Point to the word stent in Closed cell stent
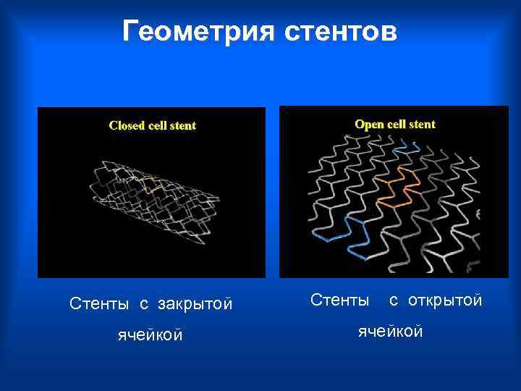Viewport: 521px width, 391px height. click(x=184, y=125)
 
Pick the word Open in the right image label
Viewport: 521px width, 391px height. click(x=369, y=124)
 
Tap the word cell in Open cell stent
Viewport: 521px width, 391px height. click(x=399, y=124)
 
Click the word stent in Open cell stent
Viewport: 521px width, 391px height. click(x=423, y=124)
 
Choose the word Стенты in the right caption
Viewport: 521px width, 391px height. click(x=339, y=299)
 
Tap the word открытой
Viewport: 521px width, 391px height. click(x=445, y=299)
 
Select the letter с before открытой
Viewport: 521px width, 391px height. click(x=394, y=300)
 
